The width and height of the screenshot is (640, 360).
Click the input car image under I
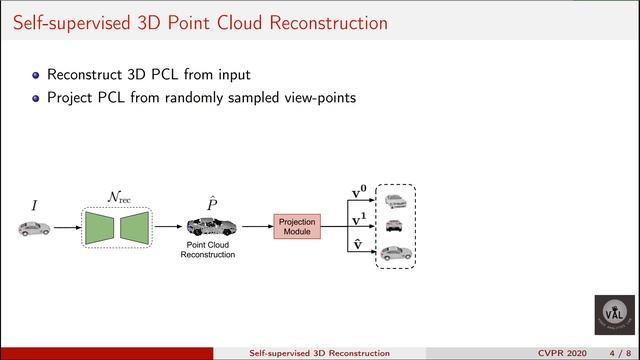pyautogui.click(x=34, y=229)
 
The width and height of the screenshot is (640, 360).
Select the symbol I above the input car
pyautogui.click(x=34, y=205)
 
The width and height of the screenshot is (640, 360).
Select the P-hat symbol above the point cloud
pyautogui.click(x=212, y=204)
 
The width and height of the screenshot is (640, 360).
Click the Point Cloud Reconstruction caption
pyautogui.click(x=207, y=250)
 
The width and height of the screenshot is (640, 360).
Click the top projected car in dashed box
pyautogui.click(x=395, y=201)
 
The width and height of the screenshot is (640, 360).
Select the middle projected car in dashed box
pyautogui.click(x=395, y=226)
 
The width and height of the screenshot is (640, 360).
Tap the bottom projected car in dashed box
pyautogui.click(x=395, y=251)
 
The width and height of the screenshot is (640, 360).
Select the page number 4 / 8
pyautogui.click(x=617, y=352)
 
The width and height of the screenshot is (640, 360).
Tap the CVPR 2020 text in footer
pyautogui.click(x=566, y=352)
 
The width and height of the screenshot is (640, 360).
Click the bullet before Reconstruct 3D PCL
pyautogui.click(x=37, y=74)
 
